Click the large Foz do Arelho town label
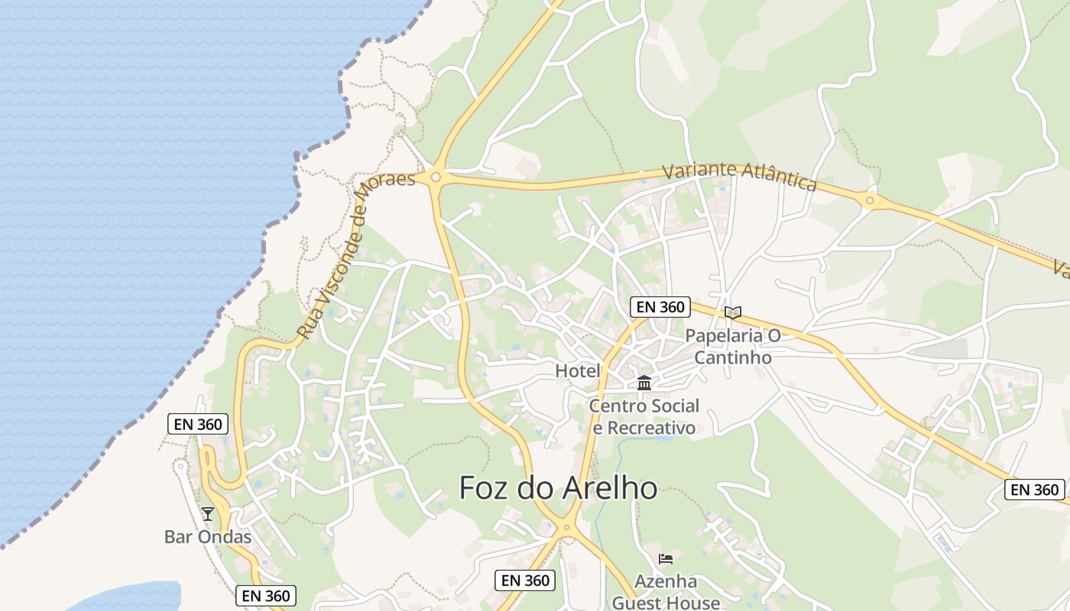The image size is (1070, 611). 558,488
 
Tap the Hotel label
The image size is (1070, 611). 578,371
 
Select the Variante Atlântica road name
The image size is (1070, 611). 739,176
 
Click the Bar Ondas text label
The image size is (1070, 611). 208,537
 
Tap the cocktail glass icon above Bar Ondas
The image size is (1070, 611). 207,514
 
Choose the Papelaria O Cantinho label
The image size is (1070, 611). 732,346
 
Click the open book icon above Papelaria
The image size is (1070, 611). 732,313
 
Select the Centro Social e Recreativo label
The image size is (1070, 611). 644,417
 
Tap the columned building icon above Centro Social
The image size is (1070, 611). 644,383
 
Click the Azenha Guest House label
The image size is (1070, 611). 666,592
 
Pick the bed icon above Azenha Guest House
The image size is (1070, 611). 666,559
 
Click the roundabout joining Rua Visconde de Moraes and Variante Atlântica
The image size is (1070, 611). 436,177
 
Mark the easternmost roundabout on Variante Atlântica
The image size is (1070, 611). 869,201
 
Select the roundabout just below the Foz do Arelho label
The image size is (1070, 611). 567,526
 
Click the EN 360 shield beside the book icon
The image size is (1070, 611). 660,307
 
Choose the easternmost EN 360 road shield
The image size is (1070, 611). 1034,490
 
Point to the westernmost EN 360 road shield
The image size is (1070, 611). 198,425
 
